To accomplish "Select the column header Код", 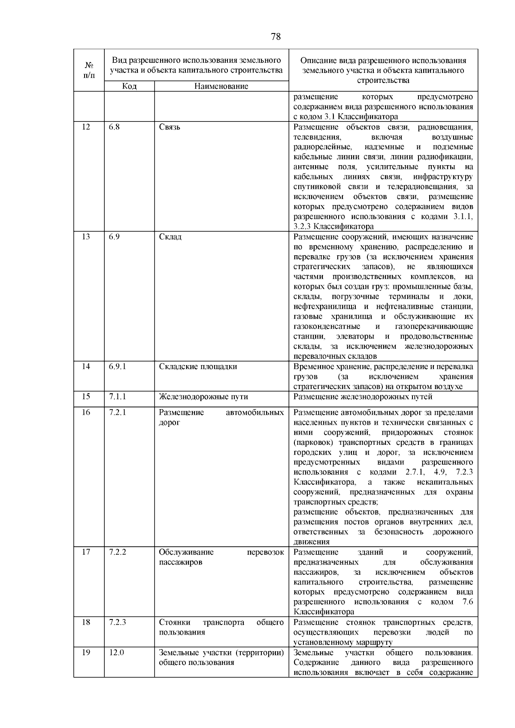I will (129, 86).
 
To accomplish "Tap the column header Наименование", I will (221, 86).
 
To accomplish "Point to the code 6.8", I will (114, 127).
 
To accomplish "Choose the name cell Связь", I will (170, 127).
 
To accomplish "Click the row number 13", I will (86, 237).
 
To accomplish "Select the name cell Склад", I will (170, 237).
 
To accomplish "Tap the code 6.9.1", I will (117, 366).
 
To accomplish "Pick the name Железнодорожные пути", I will (203, 397).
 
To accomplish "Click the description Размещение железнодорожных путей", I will (363, 397).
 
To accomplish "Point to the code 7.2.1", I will (117, 412).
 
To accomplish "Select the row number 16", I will (86, 412).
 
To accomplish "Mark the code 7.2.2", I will (117, 552).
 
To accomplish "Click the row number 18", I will (86, 622).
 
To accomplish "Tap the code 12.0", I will (116, 652).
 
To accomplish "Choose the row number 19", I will (86, 652).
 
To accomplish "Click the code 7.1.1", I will (117, 397).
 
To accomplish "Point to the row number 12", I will (86, 127).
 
